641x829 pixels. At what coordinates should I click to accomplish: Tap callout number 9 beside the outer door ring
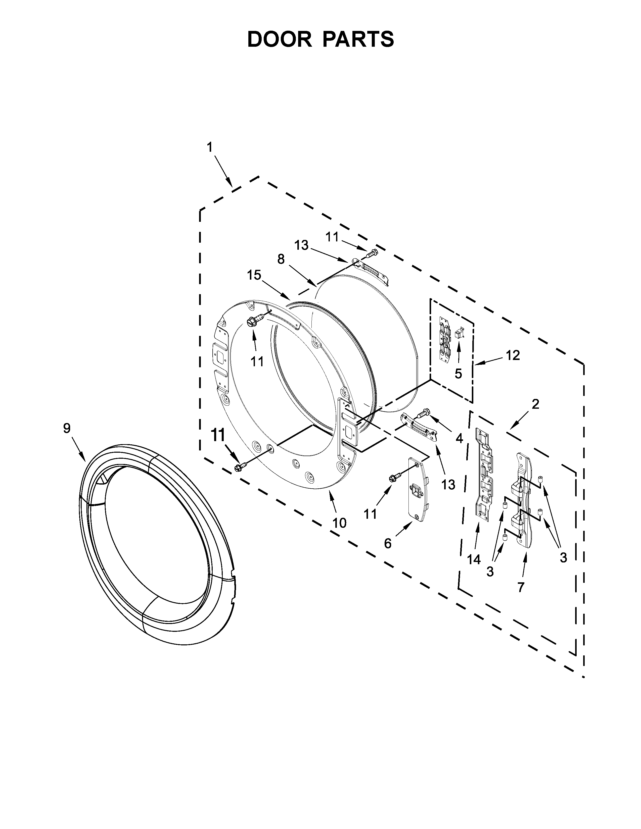click(67, 428)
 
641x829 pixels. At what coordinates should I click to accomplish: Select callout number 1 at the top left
click(210, 147)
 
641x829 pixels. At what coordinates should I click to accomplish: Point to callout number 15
click(254, 275)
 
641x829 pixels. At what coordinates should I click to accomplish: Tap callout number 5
click(458, 374)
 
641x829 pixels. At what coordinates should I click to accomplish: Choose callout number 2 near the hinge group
click(535, 404)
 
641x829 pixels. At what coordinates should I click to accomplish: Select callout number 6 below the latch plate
click(388, 544)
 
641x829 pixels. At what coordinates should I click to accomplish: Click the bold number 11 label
click(218, 435)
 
